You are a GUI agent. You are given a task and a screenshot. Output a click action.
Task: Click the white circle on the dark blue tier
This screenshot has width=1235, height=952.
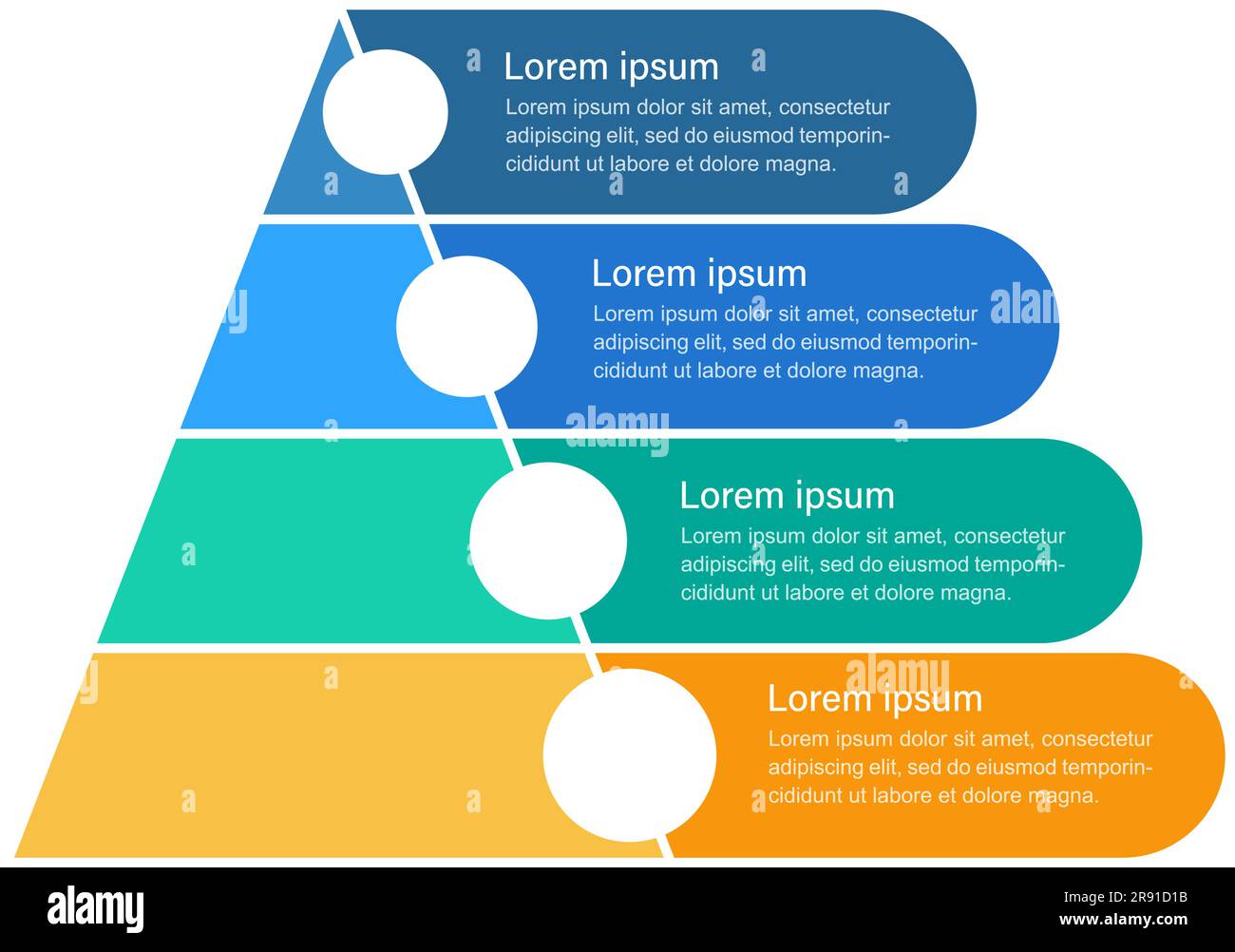(x=386, y=112)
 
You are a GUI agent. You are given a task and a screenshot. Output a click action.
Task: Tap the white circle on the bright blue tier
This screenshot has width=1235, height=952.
(x=466, y=326)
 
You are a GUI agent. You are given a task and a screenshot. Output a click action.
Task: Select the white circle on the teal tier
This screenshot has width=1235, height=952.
(x=548, y=541)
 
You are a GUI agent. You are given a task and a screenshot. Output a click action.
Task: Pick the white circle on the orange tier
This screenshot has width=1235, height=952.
(x=630, y=755)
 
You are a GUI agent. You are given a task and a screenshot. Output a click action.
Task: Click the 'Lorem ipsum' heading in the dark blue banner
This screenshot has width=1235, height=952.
(x=611, y=67)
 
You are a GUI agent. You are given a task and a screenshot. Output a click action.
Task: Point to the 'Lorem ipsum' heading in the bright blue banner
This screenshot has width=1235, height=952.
(x=699, y=275)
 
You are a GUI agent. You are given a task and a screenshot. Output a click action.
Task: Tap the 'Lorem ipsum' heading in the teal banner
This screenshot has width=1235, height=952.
(x=788, y=497)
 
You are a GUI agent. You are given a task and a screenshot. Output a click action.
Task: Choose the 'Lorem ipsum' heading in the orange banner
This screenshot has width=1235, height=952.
(x=875, y=699)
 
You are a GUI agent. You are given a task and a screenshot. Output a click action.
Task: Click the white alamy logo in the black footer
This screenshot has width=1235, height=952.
(x=96, y=909)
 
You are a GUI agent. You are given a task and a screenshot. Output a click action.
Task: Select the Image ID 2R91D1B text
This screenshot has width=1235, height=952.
(x=1126, y=897)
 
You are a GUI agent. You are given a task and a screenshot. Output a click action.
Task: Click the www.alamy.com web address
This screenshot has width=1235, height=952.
(x=1124, y=919)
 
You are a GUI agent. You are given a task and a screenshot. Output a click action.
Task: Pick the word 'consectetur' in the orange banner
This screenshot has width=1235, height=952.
(x=1097, y=739)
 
